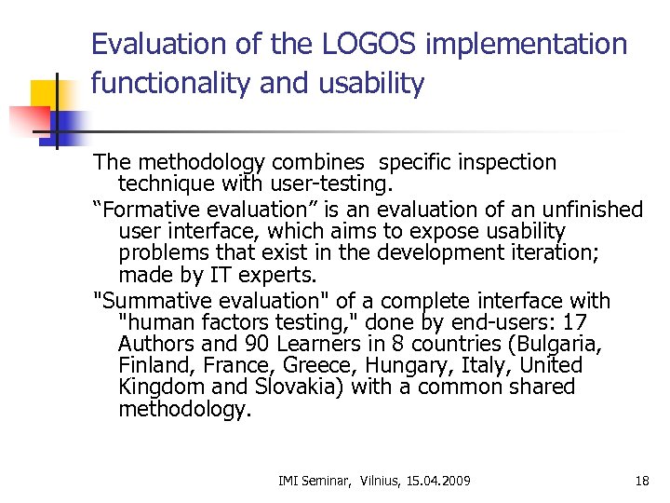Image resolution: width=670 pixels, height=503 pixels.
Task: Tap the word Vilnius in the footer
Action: [372, 481]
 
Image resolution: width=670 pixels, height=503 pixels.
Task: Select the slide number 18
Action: [642, 481]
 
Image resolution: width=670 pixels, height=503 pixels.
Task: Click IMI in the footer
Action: [288, 481]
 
